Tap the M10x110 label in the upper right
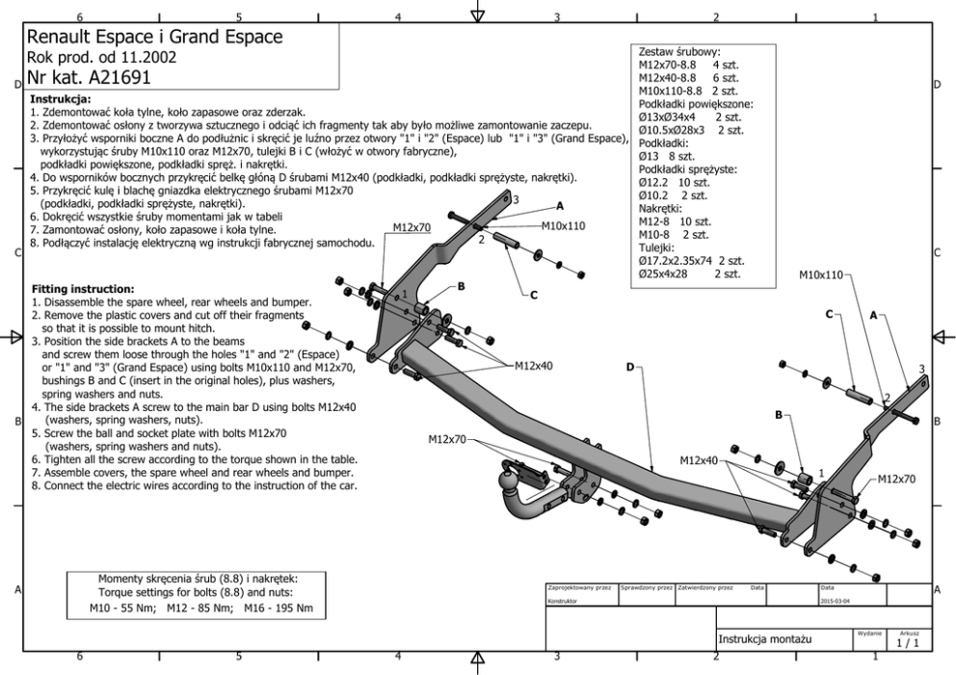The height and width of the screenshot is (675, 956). tap(820, 274)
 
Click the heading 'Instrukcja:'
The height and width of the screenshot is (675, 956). tap(61, 99)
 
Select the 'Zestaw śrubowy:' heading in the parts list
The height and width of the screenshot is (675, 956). tap(679, 51)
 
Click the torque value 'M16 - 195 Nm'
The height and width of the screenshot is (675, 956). tap(279, 609)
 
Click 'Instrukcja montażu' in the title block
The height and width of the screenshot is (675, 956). tap(766, 638)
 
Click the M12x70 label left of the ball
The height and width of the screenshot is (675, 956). tap(446, 439)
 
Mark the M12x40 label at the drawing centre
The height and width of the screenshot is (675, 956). tap(533, 366)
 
